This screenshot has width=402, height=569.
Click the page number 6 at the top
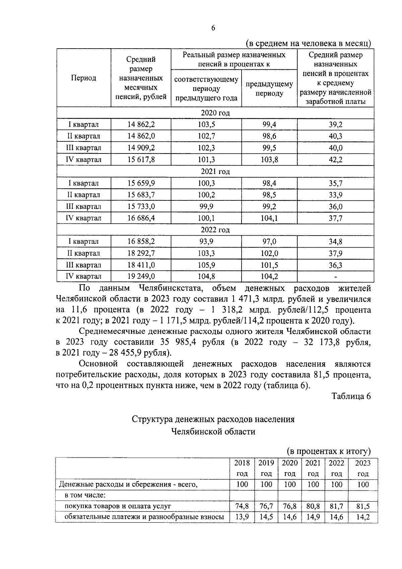point(213,28)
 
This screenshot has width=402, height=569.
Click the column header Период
point(83,78)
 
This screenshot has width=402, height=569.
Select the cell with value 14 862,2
point(141,125)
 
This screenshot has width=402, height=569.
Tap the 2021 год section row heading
point(215,172)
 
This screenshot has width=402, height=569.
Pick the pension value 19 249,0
point(141,276)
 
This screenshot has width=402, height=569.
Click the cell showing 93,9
point(206,241)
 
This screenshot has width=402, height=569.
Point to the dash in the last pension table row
point(335,277)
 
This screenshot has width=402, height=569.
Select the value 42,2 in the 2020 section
point(335,160)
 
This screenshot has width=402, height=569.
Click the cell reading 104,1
point(269,218)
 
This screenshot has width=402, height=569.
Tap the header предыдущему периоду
point(269,88)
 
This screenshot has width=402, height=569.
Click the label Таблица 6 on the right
point(351,396)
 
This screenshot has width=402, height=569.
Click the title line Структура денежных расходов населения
point(213,419)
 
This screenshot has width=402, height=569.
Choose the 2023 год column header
point(363,468)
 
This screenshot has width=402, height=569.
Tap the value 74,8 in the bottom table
point(242,506)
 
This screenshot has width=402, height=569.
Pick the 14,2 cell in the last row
point(363,517)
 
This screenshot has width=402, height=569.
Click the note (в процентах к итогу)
point(329,451)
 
